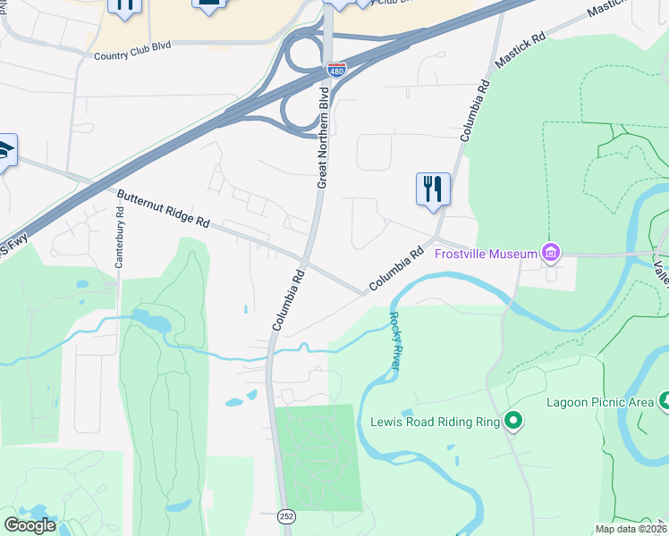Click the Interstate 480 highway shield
(x=336, y=69)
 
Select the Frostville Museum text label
(x=485, y=254)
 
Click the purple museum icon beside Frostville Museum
(x=550, y=254)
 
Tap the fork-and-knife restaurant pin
(x=433, y=189)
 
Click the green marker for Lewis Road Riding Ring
(x=513, y=420)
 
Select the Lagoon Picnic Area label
(x=600, y=402)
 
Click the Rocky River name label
(x=396, y=340)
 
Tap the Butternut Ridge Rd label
(x=163, y=209)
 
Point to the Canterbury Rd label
(x=119, y=238)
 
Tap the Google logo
(x=30, y=525)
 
